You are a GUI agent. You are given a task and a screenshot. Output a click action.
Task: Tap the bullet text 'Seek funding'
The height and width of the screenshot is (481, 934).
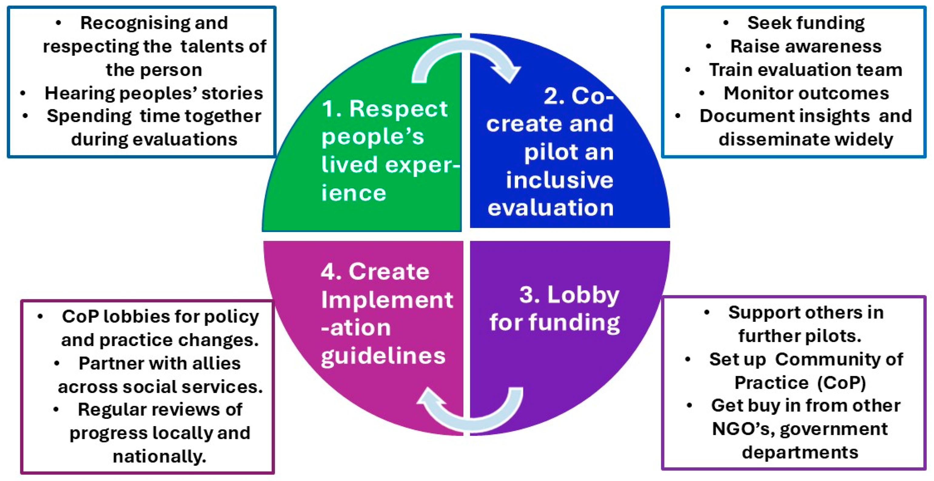806,23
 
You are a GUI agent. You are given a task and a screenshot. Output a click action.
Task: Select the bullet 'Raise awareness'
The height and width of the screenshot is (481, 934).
806,46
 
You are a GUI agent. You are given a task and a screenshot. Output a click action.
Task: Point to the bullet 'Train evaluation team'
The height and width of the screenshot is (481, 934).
806,70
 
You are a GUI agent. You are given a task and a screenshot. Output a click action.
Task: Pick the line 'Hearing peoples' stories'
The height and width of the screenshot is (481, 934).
154,93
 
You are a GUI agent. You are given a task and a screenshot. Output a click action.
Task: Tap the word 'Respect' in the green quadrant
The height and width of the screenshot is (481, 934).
398,109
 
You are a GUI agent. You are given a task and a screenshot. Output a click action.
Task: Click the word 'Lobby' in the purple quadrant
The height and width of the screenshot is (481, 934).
583,294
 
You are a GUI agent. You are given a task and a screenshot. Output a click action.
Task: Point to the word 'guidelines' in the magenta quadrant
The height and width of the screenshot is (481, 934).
383,356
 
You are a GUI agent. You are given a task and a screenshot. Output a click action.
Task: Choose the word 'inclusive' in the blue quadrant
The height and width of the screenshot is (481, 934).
559,180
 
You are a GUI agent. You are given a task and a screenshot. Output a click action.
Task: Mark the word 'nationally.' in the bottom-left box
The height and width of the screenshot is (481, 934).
159,456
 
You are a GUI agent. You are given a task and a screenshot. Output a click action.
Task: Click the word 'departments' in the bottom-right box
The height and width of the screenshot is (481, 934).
800,453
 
